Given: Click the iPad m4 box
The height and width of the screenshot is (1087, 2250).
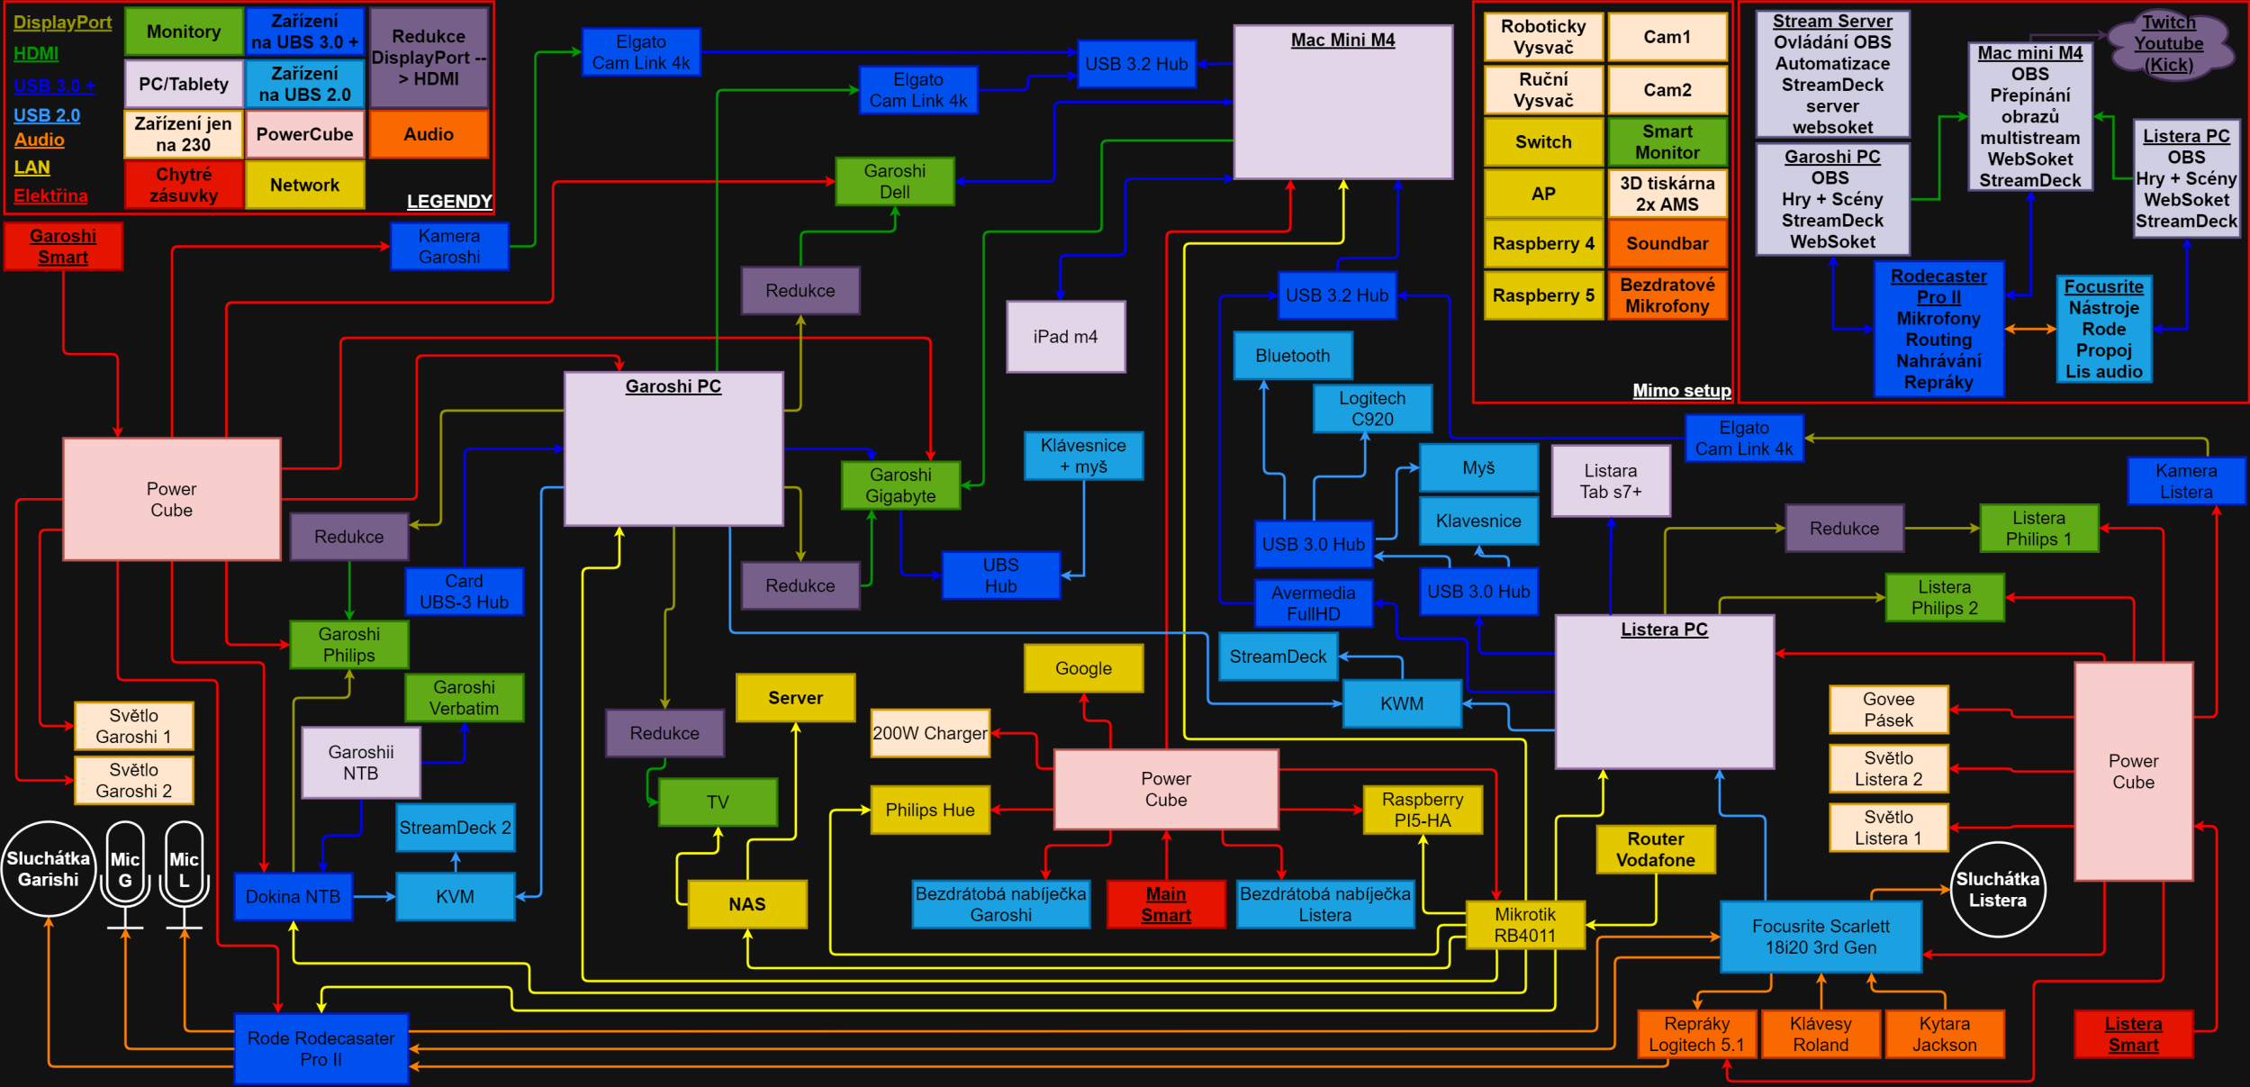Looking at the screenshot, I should [x=1065, y=337].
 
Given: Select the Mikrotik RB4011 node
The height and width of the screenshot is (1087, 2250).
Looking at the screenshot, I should [x=1524, y=925].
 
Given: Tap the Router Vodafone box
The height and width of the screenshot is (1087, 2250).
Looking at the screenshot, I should [x=1655, y=849].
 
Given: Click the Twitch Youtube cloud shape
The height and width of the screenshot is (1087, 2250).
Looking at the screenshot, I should [x=2168, y=43].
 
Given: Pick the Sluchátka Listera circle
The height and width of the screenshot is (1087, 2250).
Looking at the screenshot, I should [x=1997, y=890].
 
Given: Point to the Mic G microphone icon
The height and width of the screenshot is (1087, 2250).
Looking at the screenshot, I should [x=125, y=870].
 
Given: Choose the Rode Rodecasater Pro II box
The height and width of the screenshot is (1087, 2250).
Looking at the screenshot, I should [x=321, y=1048].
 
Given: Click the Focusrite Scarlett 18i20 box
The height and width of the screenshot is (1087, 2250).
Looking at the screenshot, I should [x=1820, y=937].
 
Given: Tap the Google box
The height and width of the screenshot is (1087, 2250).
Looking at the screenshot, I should [x=1083, y=668].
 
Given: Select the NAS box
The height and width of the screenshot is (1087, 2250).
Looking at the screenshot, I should [x=746, y=904].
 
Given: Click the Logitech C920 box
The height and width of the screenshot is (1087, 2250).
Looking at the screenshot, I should [x=1371, y=409].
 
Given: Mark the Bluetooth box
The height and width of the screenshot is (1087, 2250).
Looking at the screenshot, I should [x=1292, y=356].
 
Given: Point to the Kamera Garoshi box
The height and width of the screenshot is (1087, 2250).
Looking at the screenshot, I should [x=448, y=247].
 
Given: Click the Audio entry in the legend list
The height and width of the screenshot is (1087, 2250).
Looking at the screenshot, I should [x=40, y=140].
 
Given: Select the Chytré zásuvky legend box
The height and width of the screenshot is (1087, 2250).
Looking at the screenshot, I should [x=184, y=185].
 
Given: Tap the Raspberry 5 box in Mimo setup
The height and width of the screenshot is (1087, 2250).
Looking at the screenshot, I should [x=1542, y=295].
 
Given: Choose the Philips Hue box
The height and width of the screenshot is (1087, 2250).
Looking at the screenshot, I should [x=929, y=810].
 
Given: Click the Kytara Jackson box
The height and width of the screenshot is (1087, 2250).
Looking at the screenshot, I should [x=1944, y=1034].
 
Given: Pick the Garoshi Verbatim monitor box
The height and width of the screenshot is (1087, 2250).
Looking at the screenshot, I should [x=464, y=698].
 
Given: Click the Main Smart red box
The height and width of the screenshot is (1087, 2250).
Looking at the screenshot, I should [x=1165, y=904].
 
